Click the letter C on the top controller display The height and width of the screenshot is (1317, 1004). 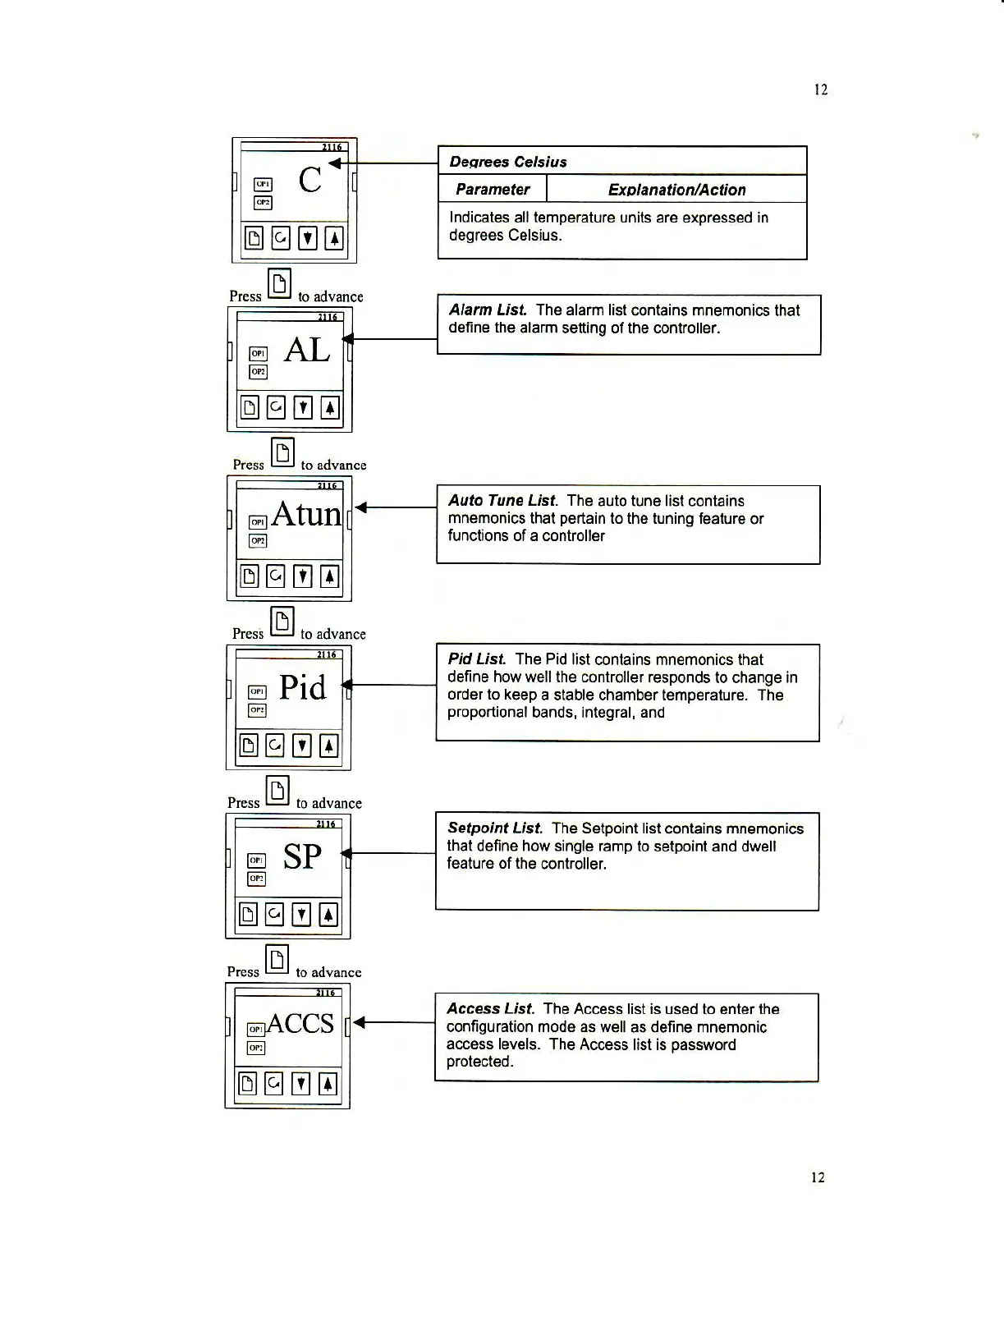[310, 180]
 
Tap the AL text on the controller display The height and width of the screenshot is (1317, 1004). [307, 351]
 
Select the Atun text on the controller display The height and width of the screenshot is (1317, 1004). [306, 515]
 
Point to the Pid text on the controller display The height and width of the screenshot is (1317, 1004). [302, 687]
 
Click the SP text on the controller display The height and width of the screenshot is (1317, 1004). [302, 857]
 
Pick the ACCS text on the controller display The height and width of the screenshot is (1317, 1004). [300, 1024]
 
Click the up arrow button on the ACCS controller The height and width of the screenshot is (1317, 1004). [327, 1084]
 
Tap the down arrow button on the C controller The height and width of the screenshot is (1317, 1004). [307, 238]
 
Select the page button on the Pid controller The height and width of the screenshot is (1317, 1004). [248, 746]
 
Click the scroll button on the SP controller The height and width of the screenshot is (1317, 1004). [274, 914]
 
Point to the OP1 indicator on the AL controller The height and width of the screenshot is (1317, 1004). [258, 354]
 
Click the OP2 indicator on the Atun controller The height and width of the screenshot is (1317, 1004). [258, 541]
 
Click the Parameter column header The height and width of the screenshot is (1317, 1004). [493, 190]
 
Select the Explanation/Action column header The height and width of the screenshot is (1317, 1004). [676, 190]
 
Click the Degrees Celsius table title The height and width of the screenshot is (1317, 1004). [508, 162]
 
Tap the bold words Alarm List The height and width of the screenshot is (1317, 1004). [488, 310]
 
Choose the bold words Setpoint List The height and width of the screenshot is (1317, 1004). [495, 828]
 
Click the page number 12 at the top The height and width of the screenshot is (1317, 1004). [820, 89]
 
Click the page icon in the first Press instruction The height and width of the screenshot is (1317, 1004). [280, 284]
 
